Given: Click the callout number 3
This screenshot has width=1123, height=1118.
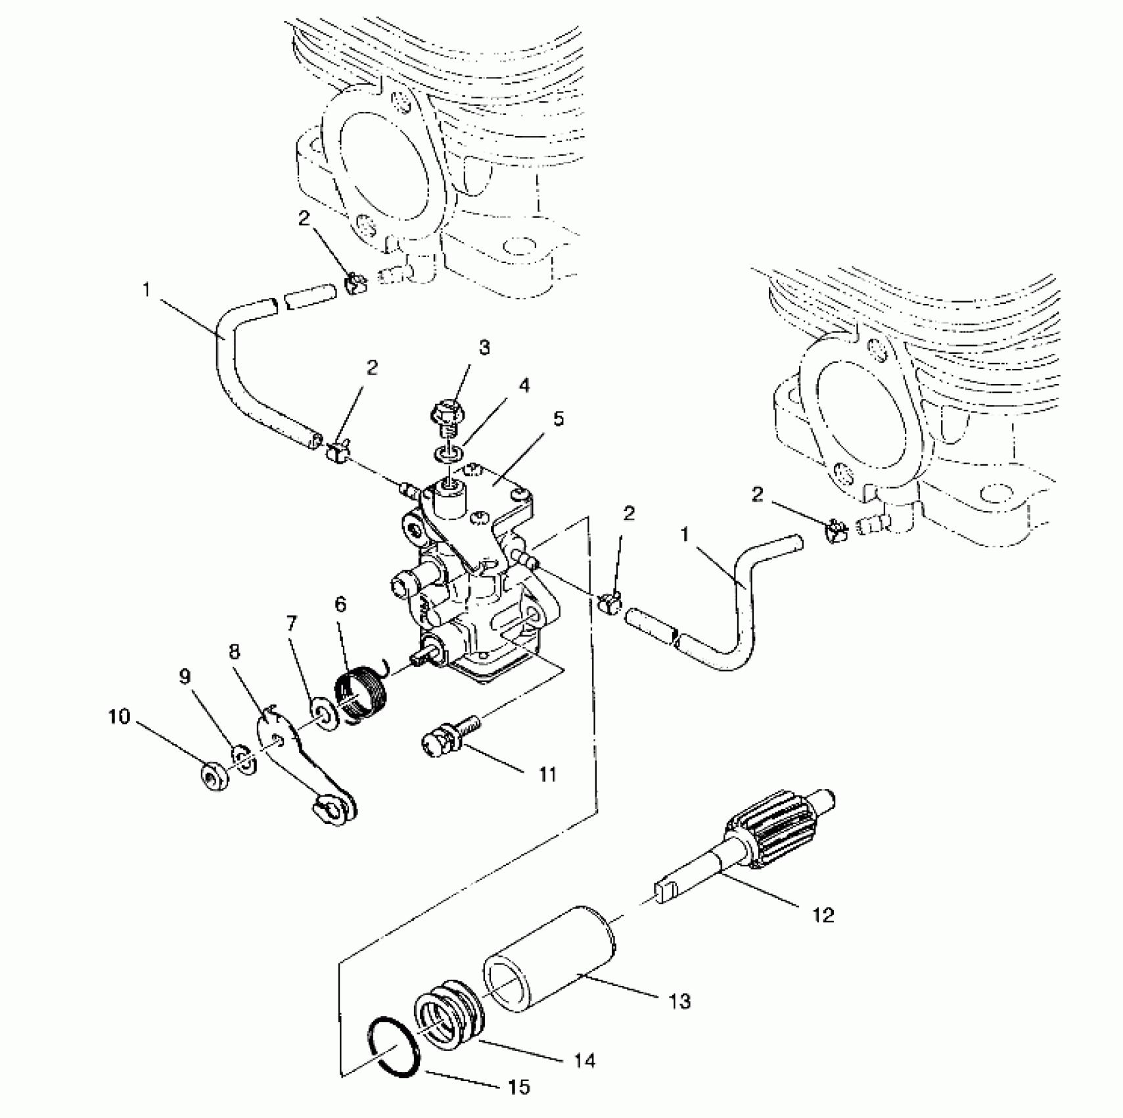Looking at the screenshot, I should [x=484, y=347].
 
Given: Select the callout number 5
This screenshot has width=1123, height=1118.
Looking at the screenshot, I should [x=558, y=419].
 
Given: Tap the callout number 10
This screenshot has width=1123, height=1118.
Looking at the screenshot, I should [x=120, y=716].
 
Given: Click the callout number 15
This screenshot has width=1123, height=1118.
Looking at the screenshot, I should [x=519, y=1086].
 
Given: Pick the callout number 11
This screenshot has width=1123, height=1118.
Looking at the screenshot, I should [x=548, y=774].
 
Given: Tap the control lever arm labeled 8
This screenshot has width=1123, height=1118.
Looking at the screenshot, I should [x=304, y=766].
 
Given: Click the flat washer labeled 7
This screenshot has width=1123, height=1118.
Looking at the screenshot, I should [x=323, y=714].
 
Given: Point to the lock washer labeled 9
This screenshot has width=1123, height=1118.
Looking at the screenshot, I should [x=242, y=759].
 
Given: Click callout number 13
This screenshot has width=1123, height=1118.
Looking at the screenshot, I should [x=679, y=1001].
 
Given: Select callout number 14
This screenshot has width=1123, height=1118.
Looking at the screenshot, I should [x=584, y=1060].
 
